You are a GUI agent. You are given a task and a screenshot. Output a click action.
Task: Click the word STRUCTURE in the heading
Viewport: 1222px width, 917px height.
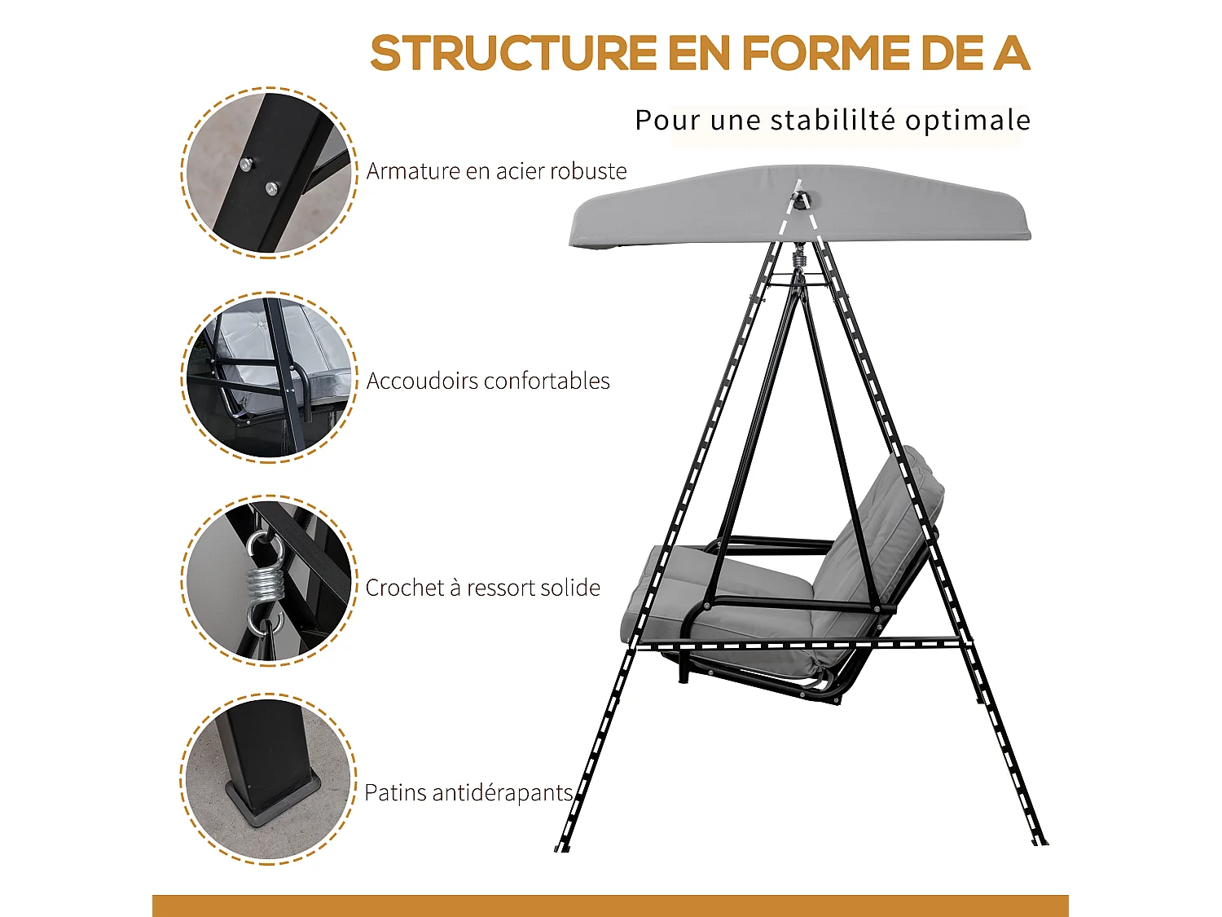point(513,54)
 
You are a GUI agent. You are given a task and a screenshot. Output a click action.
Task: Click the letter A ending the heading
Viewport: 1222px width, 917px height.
point(1011,54)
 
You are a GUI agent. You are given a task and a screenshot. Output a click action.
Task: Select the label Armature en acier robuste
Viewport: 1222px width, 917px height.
point(496,171)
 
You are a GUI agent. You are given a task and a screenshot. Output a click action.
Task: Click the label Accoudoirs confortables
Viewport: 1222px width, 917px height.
point(487,381)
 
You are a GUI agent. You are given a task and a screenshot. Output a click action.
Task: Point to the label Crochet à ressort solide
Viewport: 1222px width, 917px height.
point(482,588)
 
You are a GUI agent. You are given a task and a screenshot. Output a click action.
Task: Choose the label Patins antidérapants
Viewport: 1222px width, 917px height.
point(468,792)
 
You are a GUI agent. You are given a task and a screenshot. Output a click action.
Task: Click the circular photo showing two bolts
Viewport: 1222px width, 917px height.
point(268,173)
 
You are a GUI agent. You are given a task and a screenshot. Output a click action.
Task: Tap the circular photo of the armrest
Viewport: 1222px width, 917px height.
point(268,377)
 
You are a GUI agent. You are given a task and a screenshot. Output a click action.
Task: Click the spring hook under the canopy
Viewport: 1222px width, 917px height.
point(799,259)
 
